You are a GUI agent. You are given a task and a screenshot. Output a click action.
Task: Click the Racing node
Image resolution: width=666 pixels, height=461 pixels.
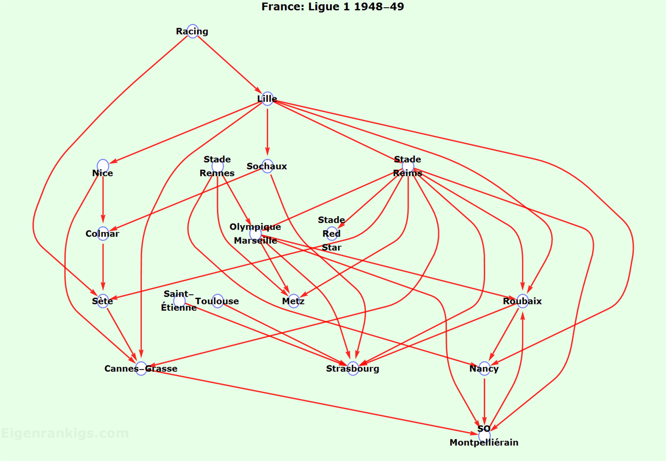point(192,31)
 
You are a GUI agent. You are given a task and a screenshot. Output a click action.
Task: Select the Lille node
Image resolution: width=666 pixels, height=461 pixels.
point(267,99)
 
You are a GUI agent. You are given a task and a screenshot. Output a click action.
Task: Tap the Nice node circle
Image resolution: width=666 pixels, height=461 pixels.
point(103,166)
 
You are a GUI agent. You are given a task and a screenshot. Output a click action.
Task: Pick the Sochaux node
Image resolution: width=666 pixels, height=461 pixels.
point(267,166)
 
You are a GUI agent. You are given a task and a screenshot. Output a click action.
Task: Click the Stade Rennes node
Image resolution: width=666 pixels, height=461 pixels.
point(218,166)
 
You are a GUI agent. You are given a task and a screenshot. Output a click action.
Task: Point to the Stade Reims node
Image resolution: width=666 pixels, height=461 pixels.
point(408,166)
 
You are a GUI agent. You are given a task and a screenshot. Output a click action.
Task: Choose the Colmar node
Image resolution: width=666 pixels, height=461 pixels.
point(103,234)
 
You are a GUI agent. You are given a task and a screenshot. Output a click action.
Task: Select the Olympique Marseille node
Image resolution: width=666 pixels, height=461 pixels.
point(256,234)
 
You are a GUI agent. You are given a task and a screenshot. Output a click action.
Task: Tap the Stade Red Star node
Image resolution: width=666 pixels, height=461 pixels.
point(332,234)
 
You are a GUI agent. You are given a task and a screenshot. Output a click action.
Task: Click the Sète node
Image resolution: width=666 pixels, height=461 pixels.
point(103,301)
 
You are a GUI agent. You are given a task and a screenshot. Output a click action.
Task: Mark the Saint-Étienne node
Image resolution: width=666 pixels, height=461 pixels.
point(179,301)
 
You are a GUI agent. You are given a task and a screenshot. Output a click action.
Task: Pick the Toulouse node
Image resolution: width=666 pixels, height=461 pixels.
point(218,301)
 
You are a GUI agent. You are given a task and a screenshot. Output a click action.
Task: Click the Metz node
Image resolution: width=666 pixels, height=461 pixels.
point(294,301)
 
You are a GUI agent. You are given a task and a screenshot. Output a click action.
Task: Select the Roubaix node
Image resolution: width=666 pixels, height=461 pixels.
point(522,301)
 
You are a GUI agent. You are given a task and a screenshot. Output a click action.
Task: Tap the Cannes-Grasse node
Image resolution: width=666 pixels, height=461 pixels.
point(141,368)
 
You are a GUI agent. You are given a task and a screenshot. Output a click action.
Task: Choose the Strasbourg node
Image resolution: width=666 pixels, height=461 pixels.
point(353,368)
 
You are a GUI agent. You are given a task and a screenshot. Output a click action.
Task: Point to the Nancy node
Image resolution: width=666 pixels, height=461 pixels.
point(484,368)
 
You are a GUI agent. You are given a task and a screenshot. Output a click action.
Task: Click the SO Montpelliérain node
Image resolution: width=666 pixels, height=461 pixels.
point(484,435)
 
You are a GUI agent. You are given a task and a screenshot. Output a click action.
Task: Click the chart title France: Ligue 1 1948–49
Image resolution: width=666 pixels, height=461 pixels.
point(333,6)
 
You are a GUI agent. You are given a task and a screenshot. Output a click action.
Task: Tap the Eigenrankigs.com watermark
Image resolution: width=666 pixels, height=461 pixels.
point(65,433)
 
